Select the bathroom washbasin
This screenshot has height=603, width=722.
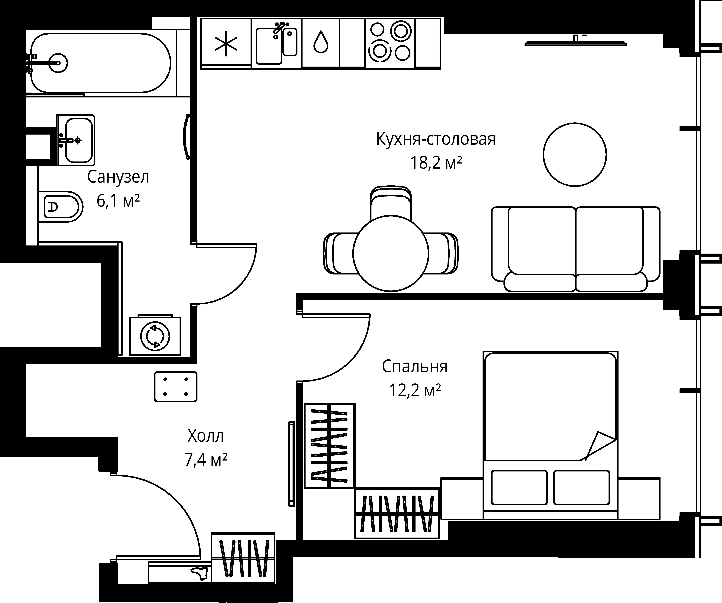point(76,140)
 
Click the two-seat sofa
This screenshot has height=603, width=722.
point(576,249)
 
